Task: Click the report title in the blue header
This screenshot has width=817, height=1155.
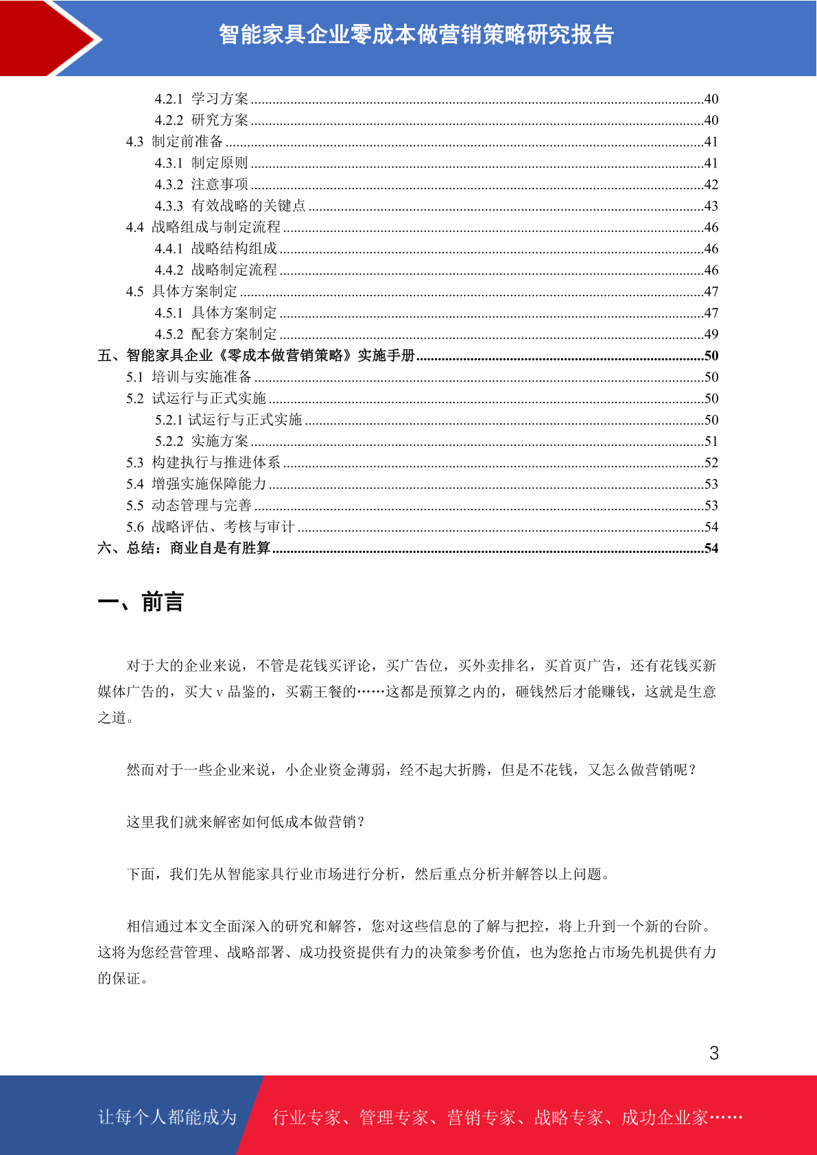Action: pos(416,34)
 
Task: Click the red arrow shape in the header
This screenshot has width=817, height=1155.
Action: pos(48,38)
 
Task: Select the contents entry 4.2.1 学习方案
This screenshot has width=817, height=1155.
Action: pos(202,99)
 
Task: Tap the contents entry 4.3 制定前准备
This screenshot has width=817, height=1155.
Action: pos(174,141)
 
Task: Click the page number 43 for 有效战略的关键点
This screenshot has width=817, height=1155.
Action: pos(711,206)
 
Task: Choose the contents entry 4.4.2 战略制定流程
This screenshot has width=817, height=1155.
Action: pos(216,270)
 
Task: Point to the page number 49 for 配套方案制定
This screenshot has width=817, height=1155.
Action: pos(711,334)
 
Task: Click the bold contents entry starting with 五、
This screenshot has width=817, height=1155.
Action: pos(257,355)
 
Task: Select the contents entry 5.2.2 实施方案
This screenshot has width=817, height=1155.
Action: pos(202,441)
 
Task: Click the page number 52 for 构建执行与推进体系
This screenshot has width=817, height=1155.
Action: pos(711,462)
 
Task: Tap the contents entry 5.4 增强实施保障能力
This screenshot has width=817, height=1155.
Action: pos(196,484)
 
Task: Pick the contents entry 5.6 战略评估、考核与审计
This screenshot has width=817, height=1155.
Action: pos(211,527)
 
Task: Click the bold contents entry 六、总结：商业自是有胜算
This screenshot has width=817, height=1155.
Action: pos(184,548)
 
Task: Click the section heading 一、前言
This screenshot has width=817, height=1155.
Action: pos(141,602)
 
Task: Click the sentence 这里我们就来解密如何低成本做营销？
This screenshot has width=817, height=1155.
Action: pos(246,822)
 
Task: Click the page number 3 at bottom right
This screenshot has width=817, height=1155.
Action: pos(714,1053)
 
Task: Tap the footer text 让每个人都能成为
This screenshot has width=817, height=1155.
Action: pos(167,1117)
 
